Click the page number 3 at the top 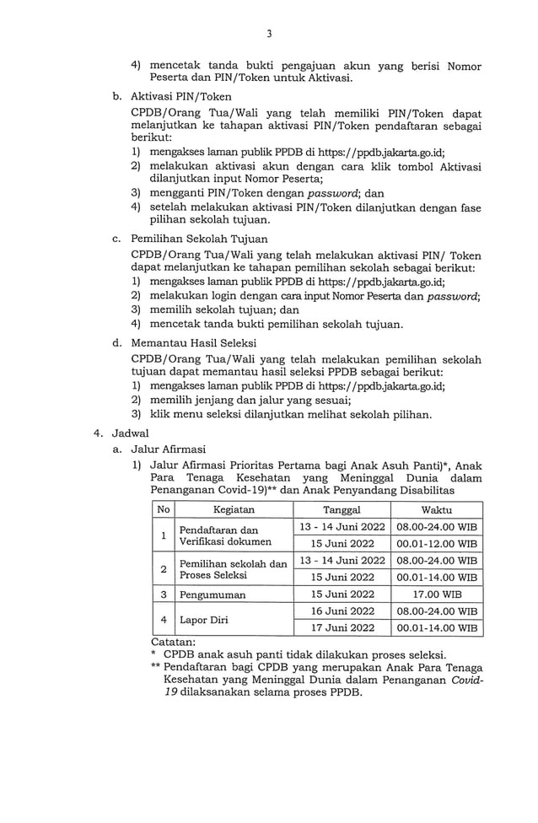coord(269,34)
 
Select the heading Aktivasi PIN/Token coord(181,97)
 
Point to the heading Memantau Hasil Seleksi coord(194,343)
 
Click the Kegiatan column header coord(234,510)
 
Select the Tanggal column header coord(342,510)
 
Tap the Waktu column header coord(436,510)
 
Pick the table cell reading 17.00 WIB coord(436,594)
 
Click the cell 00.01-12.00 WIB coord(436,543)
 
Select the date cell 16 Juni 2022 coord(342,611)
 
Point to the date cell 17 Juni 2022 coord(342,627)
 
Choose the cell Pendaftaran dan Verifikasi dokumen coord(225,535)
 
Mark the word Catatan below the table coord(172,642)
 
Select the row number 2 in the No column coord(163,568)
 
